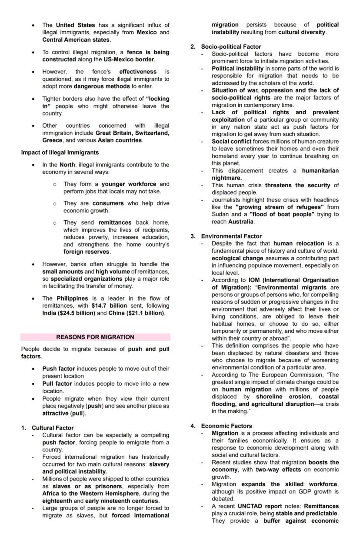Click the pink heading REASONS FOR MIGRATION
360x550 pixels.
tap(95, 337)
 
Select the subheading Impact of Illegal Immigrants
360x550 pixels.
tap(60, 152)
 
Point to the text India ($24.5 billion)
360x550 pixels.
tap(68, 313)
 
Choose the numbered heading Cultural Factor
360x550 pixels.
tap(52, 427)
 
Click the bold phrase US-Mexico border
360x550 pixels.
tap(129, 60)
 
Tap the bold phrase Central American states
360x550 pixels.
tap(76, 40)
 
